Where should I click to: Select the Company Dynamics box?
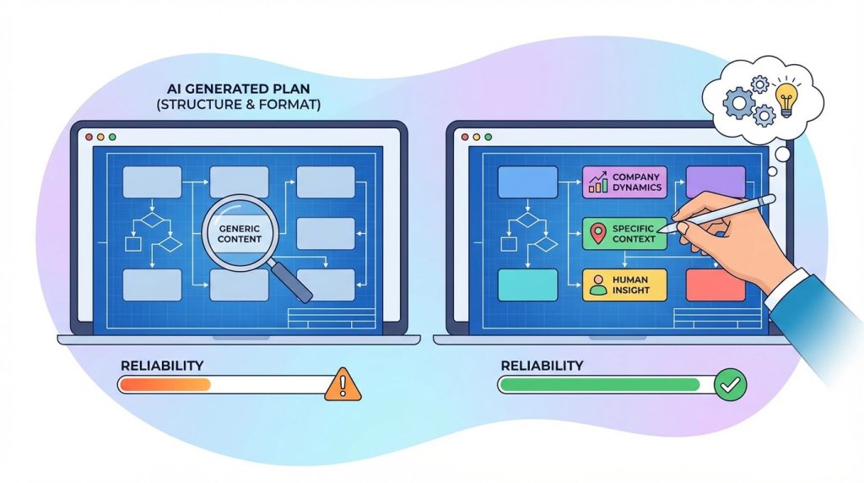point(624,182)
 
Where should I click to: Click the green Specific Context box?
point(624,233)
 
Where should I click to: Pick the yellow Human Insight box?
point(624,285)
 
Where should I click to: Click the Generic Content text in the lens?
point(240,233)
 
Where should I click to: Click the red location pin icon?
point(598,234)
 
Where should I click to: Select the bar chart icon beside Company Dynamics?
point(598,182)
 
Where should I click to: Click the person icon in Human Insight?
point(599,285)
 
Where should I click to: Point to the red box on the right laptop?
point(715,285)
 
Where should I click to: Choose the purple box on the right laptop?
point(715,182)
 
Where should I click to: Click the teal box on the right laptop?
point(527,285)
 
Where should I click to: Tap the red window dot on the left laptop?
point(88,136)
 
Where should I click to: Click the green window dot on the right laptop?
point(489,136)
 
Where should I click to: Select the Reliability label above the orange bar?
point(162,365)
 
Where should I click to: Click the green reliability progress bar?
point(599,385)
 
